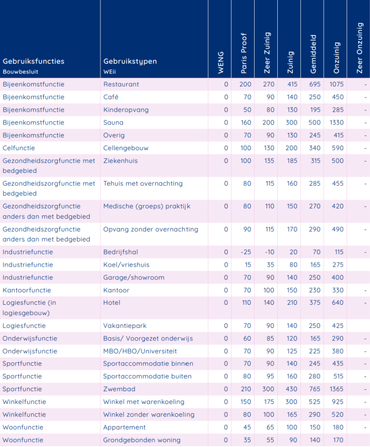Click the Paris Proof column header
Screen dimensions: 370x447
[244, 53]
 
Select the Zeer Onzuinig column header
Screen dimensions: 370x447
[360, 48]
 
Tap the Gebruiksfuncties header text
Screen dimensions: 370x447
[34, 61]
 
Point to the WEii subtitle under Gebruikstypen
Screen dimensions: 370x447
[110, 72]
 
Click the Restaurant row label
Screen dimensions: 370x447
[121, 84]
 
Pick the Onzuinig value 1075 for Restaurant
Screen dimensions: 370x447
[336, 84]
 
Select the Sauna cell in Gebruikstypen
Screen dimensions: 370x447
[113, 122]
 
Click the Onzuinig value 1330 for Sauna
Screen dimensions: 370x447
[336, 122]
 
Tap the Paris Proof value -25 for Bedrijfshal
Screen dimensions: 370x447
[246, 252]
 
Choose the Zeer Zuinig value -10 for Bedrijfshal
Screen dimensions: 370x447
[269, 252]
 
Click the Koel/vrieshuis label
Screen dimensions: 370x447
[126, 265]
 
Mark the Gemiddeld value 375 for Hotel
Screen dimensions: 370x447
[315, 303]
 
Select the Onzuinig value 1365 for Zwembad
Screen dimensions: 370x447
[336, 389]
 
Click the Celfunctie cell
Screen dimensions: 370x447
[19, 148]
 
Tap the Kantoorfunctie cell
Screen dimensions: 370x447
[27, 290]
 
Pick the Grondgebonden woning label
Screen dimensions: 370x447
[142, 440]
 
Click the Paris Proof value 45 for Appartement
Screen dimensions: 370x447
[247, 427]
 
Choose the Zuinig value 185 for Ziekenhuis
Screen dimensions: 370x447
[292, 161]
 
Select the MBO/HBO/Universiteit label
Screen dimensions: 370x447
[140, 351]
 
